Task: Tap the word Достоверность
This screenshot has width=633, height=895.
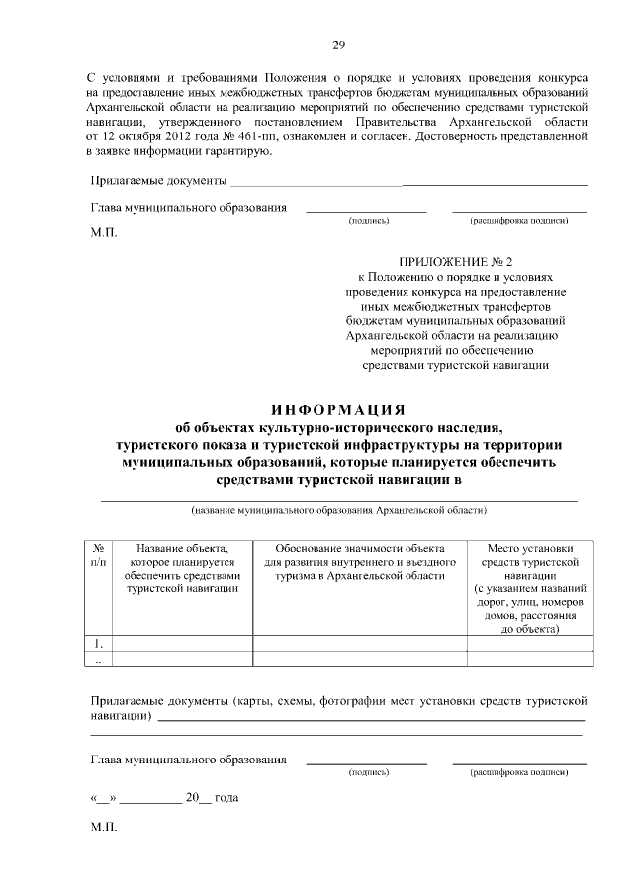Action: (x=460, y=135)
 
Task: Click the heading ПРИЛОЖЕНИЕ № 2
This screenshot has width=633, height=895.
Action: (x=455, y=262)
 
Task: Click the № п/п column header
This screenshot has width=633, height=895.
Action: (x=99, y=555)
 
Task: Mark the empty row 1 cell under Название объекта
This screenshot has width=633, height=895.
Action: (x=183, y=644)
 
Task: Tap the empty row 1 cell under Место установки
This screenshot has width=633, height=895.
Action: (x=530, y=644)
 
